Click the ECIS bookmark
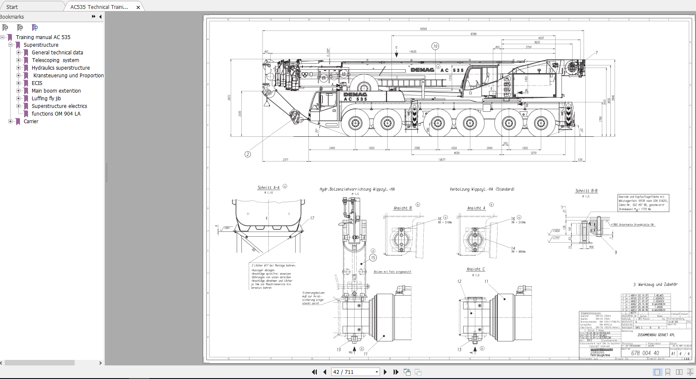pyautogui.click(x=37, y=83)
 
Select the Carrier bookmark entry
pyautogui.click(x=31, y=122)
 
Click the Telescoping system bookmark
pyautogui.click(x=55, y=60)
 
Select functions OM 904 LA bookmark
pyautogui.click(x=56, y=114)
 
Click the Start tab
pyautogui.click(x=12, y=7)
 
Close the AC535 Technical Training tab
pyautogui.click(x=138, y=7)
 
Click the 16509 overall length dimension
pyautogui.click(x=423, y=29)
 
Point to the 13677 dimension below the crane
pyautogui.click(x=442, y=160)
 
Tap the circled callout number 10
pyautogui.click(x=435, y=46)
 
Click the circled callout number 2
pyautogui.click(x=248, y=154)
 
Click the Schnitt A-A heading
pyautogui.click(x=268, y=187)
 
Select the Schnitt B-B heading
pyautogui.click(x=586, y=191)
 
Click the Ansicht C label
pyautogui.click(x=475, y=269)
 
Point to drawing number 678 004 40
pyautogui.click(x=645, y=353)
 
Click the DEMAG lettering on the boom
pyautogui.click(x=422, y=70)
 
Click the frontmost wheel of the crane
pyautogui.click(x=355, y=124)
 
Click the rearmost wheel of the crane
pyautogui.click(x=540, y=124)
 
